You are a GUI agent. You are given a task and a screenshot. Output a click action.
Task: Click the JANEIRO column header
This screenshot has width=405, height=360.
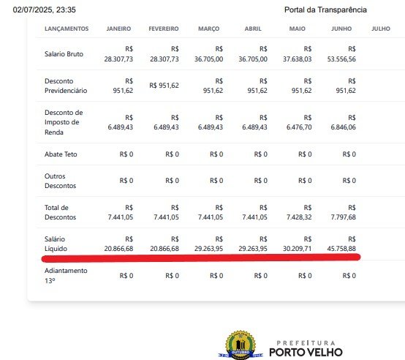118,29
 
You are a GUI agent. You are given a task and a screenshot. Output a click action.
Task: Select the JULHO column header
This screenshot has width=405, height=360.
381,29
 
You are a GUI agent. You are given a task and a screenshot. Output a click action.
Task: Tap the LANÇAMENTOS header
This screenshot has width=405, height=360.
67,29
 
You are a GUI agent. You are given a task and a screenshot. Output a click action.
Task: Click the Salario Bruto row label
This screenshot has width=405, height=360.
64,54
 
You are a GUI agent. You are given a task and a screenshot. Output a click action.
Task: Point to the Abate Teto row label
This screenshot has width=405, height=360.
61,154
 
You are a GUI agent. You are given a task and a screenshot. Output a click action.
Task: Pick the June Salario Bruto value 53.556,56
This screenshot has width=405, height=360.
341,59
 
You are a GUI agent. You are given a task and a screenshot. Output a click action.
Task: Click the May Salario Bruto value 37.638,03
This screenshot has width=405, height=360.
297,59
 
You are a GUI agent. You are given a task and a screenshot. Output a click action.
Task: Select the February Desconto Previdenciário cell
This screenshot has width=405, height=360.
164,86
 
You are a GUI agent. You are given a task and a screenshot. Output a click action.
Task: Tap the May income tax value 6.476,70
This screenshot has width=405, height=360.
299,127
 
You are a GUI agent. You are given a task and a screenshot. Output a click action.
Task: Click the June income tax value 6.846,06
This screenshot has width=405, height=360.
344,127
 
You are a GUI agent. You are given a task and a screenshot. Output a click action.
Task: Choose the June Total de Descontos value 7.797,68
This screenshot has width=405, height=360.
344,217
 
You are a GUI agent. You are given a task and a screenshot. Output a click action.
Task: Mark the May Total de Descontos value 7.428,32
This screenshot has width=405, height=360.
299,217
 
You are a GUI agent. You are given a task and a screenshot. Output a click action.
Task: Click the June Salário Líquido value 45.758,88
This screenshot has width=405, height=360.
341,249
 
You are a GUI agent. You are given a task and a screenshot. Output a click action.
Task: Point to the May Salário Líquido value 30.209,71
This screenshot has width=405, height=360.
297,249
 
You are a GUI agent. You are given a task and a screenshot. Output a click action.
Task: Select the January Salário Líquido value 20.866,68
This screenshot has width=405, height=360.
118,249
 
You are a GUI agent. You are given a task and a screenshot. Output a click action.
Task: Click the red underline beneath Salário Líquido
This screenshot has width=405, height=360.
201,258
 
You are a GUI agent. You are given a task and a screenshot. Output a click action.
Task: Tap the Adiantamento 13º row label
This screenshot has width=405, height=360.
66,276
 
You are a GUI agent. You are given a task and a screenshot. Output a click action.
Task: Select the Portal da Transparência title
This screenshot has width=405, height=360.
325,10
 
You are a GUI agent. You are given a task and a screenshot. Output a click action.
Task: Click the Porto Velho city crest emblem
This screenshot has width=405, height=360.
241,345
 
